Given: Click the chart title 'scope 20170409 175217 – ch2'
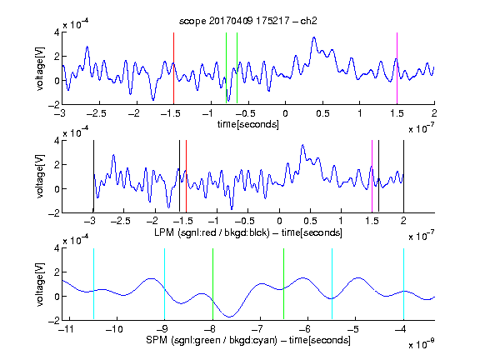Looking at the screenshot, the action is pos(248,21).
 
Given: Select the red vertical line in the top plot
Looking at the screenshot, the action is pos(173,68).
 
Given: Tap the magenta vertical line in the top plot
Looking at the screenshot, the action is pos(397,68).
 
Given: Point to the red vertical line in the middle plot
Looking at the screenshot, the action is pos(186,176).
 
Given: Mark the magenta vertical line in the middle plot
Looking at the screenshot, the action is pos(372,176).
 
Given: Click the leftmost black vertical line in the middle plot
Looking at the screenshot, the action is pos(93,176).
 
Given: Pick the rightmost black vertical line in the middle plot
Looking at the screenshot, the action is pos(403,176).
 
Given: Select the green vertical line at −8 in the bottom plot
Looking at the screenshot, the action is pos(212,284).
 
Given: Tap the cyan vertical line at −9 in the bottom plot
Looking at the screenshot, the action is pos(165,284).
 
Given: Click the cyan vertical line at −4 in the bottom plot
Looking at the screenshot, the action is pos(403,284).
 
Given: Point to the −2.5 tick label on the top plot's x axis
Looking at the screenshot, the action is pos(96,113).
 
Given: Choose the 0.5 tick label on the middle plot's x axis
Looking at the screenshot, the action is pos(310,221).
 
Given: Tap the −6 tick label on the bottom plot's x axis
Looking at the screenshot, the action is pos(305,329).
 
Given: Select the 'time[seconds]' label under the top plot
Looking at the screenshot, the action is pos(248,124).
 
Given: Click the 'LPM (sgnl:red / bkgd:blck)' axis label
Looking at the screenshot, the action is pos(212,232).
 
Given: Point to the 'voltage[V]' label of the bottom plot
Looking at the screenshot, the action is pos(40,284).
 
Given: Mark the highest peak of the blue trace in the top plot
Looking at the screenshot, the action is pos(314,37).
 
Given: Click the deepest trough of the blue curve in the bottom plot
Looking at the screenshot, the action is pos(230,317).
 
